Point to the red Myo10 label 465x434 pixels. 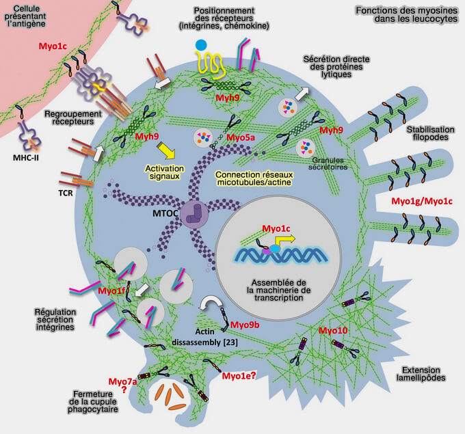[x=334, y=331]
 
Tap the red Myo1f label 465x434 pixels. [x=111, y=292]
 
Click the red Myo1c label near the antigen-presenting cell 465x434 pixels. [x=52, y=46]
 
